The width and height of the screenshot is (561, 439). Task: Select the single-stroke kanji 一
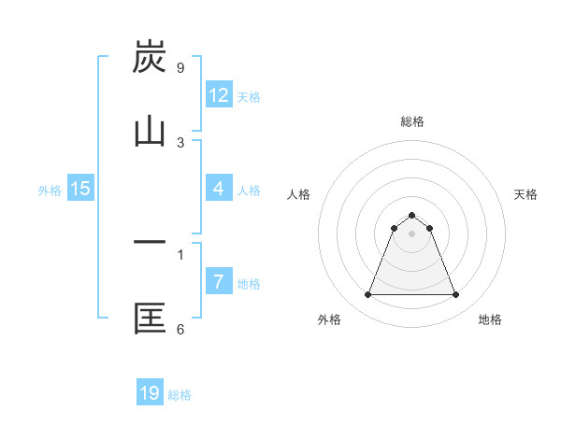[x=150, y=244]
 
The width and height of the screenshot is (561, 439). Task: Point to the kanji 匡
[x=150, y=319]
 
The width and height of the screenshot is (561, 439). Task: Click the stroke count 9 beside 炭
[x=180, y=67]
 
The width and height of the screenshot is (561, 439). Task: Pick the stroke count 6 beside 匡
[x=180, y=329]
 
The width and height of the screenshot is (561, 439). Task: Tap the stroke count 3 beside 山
[x=180, y=142]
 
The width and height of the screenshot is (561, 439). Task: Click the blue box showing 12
[x=219, y=95]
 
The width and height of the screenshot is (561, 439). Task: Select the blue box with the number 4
[x=219, y=189]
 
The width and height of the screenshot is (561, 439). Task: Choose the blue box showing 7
[x=219, y=282]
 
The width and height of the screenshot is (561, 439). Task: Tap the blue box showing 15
[x=80, y=189]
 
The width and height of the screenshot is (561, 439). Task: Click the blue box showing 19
[x=150, y=393]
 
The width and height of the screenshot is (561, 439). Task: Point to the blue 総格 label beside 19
[x=180, y=395]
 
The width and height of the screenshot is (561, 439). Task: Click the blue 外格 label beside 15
[x=50, y=191]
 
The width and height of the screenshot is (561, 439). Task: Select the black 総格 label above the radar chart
[x=411, y=121]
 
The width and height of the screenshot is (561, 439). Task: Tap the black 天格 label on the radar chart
[x=525, y=194]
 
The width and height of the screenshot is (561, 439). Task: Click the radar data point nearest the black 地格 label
[x=455, y=295]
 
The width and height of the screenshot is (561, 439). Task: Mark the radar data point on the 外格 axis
[x=367, y=295]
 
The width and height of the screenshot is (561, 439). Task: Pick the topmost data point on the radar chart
[x=411, y=215]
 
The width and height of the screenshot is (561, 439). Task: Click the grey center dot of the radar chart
[x=411, y=234]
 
